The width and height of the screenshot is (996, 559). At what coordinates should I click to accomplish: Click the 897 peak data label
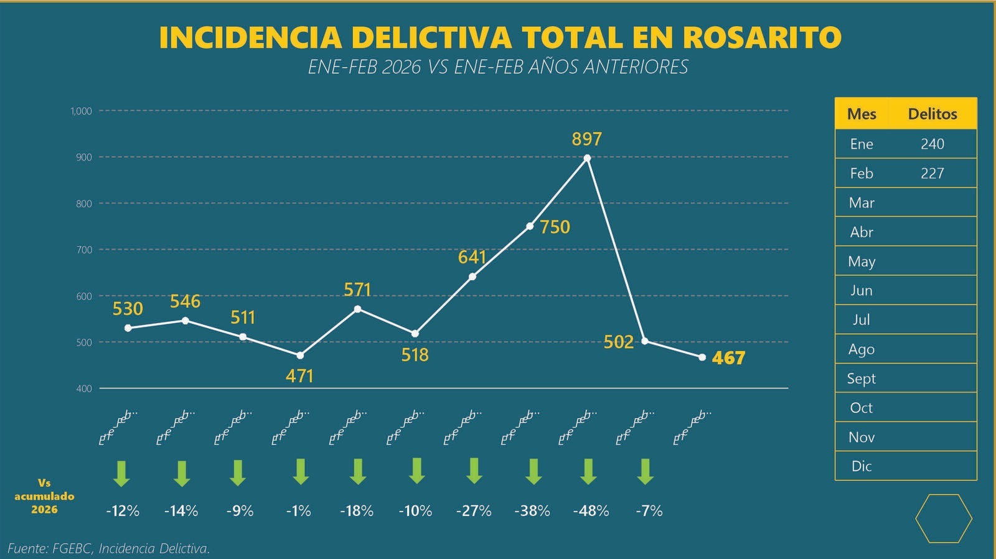pos(586,139)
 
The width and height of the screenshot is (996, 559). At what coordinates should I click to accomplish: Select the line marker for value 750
pos(530,226)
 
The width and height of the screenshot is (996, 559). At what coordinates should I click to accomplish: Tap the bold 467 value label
pos(728,358)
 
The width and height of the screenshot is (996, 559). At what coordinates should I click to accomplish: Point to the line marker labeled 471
pos(300,355)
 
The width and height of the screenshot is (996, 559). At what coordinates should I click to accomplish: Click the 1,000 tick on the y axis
pos(81,111)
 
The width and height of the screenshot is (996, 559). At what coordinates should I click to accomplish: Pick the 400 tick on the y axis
pos(84,388)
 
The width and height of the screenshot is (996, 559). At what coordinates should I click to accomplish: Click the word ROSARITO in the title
pos(762,37)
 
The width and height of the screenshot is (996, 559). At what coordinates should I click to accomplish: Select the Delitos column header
pos(932,114)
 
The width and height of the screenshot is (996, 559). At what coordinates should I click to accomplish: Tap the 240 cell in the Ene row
pos(932,144)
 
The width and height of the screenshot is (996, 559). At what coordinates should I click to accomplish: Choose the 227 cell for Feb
pos(932,173)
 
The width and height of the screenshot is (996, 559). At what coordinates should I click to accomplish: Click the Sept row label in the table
pos(861,378)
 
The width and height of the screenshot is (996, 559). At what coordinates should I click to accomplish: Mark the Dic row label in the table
pos(861,466)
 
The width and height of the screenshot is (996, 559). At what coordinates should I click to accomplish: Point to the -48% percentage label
pos(591,511)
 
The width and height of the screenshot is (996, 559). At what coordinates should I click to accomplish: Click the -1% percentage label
pos(298,511)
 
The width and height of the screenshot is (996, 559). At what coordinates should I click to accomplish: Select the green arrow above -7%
pos(646,472)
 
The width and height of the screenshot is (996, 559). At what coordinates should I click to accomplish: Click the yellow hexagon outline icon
pos(943,519)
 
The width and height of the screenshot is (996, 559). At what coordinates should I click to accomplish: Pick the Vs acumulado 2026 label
pos(44,496)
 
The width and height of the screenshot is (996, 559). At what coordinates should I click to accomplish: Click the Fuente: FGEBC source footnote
pos(109,548)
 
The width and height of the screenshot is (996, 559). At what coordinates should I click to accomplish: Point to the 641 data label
pos(471,257)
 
